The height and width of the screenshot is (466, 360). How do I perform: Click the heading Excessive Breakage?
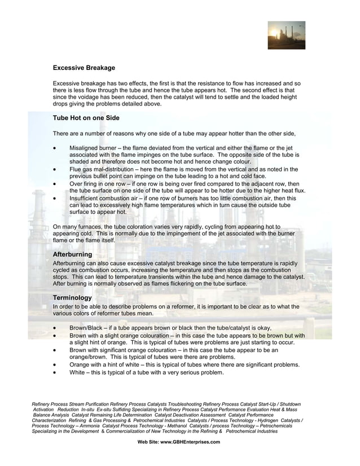84,68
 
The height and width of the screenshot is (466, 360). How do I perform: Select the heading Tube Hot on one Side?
86,118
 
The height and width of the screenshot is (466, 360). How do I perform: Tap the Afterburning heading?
72,255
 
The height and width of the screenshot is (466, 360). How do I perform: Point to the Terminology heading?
72,297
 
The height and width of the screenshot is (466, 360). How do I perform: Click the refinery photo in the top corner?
286,36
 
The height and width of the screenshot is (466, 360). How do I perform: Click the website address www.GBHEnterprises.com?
190,442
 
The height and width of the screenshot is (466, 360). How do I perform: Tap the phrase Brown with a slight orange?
112,336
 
